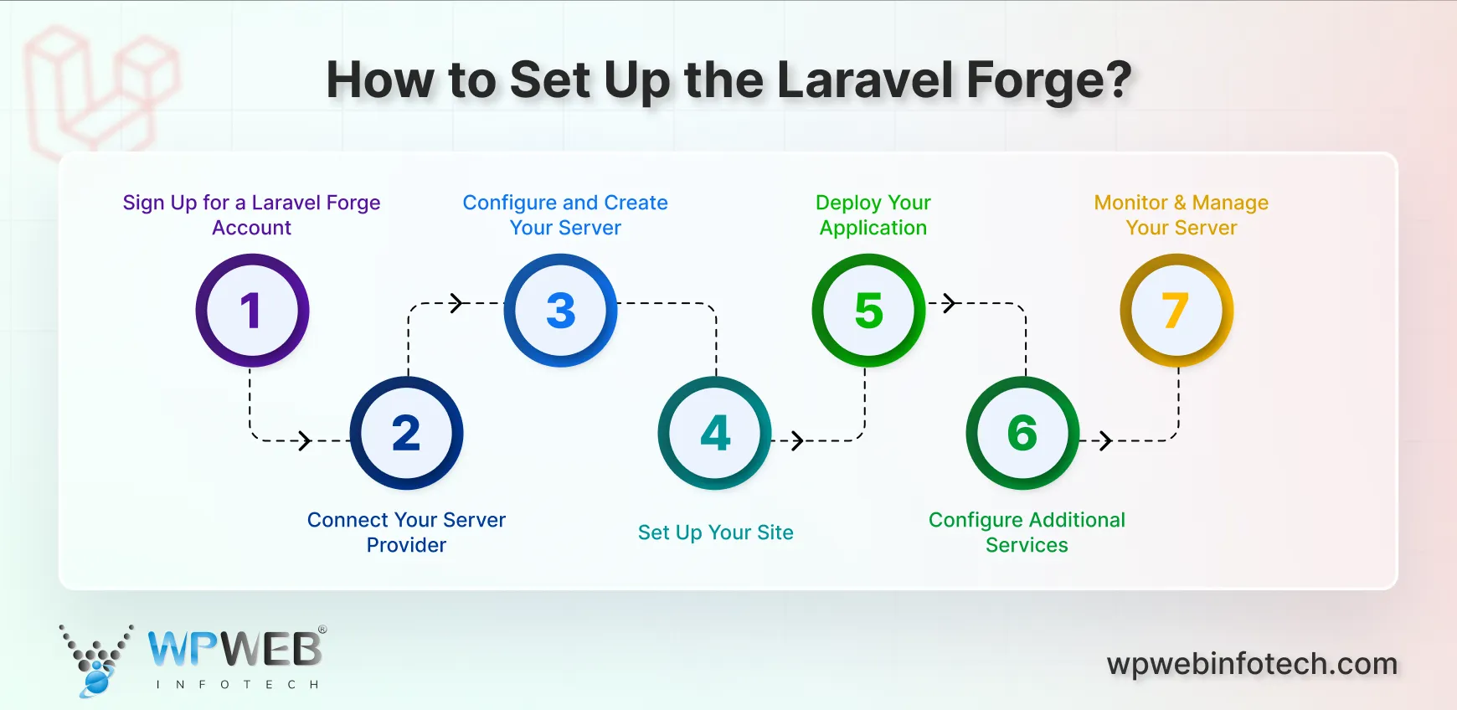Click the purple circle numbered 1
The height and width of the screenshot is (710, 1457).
(252, 311)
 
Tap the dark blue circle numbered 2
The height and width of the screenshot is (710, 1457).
(406, 433)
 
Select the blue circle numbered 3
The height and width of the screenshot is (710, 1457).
(560, 311)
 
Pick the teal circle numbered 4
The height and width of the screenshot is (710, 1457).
(714, 433)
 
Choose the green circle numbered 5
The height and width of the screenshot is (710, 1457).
(868, 311)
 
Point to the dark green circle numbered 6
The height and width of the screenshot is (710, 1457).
(1022, 433)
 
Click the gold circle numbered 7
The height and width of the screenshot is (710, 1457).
(1176, 311)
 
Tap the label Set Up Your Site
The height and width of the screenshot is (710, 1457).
(715, 532)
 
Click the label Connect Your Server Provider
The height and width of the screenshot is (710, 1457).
(406, 532)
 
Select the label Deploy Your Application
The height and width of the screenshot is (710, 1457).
(873, 215)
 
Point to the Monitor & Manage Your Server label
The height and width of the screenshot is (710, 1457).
(1181, 215)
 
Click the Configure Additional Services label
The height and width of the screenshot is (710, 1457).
(1027, 532)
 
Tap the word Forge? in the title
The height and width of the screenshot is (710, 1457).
(1048, 81)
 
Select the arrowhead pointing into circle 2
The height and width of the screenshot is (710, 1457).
(306, 440)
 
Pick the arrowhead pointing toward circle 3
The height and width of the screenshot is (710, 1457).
(456, 303)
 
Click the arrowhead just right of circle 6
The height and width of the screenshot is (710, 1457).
(1105, 440)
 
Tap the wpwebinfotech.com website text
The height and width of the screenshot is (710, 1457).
(1252, 664)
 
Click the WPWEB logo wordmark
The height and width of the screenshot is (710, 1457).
(235, 650)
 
